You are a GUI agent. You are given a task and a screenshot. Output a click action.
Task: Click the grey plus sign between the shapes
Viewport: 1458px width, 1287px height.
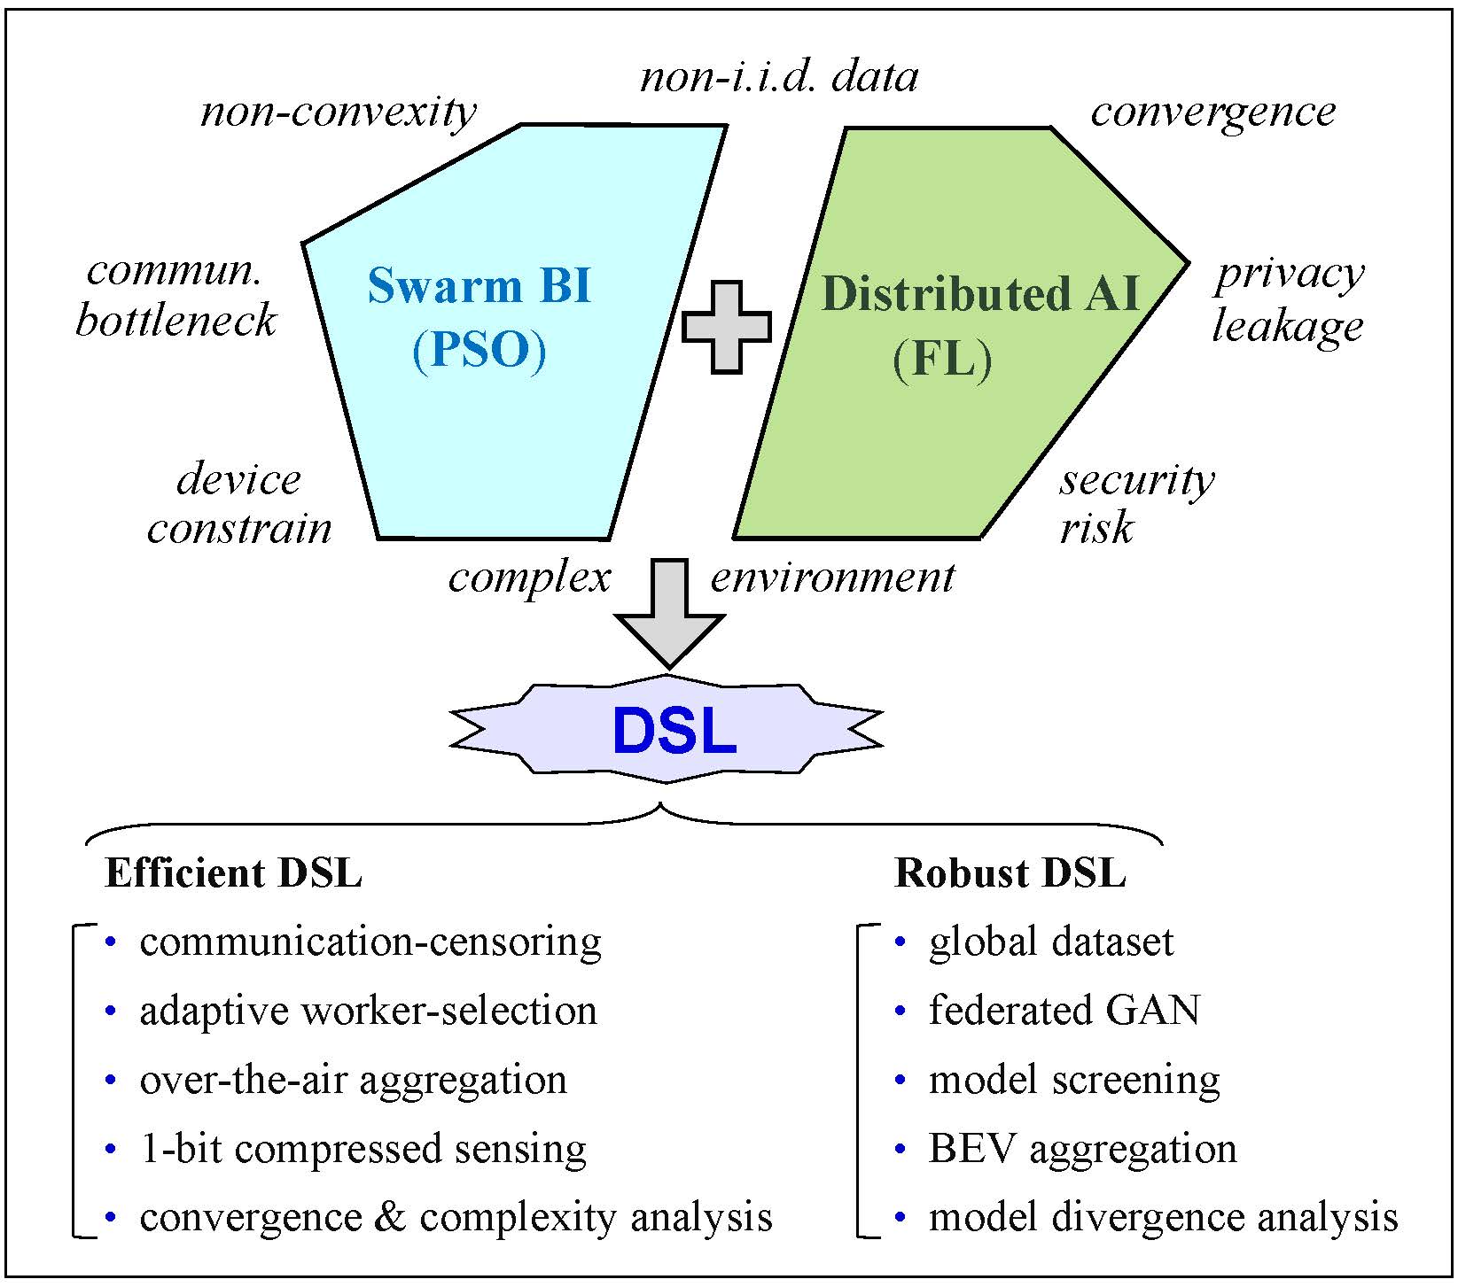(726, 327)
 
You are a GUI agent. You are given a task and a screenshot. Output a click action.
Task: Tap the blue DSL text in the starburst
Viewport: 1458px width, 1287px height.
(674, 732)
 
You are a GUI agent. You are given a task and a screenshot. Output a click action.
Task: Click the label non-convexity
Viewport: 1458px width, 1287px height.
(339, 112)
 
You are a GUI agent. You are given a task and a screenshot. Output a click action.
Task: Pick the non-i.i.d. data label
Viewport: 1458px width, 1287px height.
(778, 77)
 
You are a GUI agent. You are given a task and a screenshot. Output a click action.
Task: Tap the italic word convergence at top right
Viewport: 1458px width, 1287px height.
(1212, 112)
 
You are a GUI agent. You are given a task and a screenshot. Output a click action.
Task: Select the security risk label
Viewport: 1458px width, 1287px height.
(1136, 503)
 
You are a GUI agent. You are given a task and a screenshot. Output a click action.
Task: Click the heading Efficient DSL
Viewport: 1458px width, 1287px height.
(233, 872)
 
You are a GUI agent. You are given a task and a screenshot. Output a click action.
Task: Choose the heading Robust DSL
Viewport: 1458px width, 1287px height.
(1010, 872)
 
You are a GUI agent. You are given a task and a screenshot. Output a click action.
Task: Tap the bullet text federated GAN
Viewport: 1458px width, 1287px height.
(1064, 1010)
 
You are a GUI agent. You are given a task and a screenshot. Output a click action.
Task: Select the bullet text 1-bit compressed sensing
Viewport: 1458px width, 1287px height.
(363, 1149)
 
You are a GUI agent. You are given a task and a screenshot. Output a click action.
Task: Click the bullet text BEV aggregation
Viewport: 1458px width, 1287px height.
(1082, 1149)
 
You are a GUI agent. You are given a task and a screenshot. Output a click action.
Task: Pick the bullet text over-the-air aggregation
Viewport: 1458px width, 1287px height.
(353, 1080)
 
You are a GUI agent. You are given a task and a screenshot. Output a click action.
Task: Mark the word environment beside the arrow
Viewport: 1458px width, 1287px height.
(832, 578)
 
